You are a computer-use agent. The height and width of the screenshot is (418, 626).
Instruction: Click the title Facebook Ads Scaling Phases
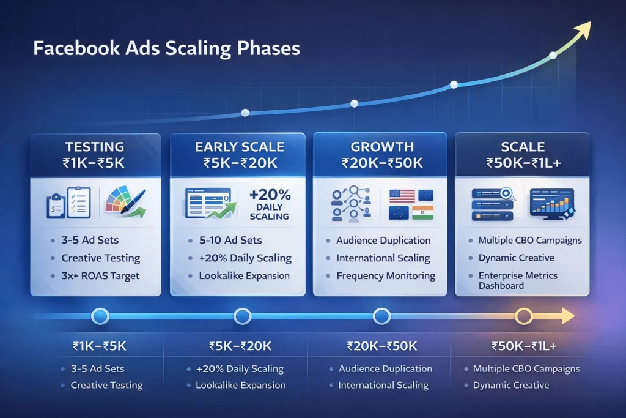[x=166, y=48]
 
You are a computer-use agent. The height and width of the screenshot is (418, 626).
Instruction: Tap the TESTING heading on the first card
[x=94, y=147]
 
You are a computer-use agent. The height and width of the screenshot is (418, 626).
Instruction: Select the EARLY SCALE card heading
[x=240, y=147]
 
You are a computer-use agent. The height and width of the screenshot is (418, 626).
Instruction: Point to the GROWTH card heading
[x=381, y=147]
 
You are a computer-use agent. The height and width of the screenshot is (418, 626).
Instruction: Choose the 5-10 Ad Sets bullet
[x=230, y=241]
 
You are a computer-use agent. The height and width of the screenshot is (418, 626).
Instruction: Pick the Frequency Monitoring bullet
[x=386, y=275]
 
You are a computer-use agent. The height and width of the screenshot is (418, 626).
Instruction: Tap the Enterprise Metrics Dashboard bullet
[x=517, y=280]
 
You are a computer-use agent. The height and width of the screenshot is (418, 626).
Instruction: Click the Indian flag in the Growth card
[x=422, y=212]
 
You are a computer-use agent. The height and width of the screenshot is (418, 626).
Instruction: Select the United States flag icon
[x=402, y=196]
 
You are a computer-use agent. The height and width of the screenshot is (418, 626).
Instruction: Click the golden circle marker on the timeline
[x=524, y=316]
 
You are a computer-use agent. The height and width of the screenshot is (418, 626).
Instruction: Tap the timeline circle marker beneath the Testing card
[x=100, y=316]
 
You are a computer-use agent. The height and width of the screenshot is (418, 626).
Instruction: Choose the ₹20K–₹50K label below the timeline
[x=381, y=346]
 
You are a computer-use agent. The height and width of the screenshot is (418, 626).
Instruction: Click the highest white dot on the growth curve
[x=553, y=55]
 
